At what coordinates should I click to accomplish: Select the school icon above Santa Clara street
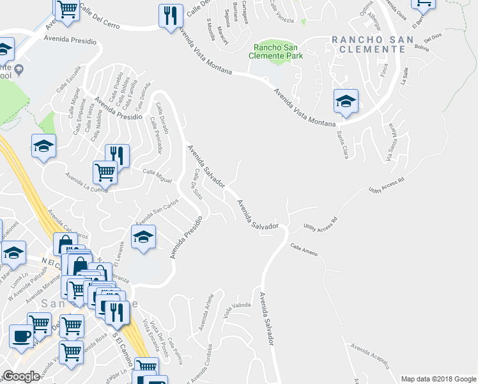pos(346,101)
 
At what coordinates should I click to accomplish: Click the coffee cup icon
pos(22,336)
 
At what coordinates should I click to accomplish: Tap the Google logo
pos(21,376)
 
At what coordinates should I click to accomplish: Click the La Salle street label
pos(404,77)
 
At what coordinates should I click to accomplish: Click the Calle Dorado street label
pos(158,120)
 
